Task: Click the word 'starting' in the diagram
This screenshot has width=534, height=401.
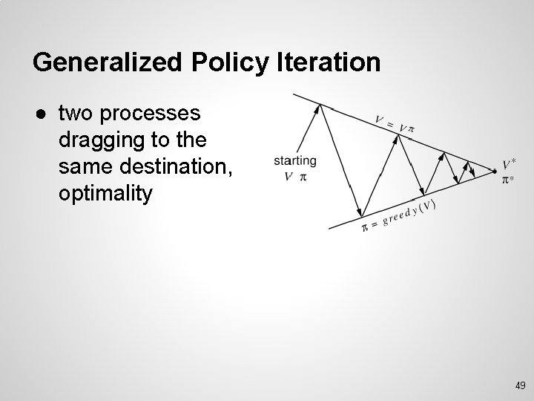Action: [x=295, y=160]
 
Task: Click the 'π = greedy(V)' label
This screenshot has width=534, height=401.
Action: [x=398, y=215]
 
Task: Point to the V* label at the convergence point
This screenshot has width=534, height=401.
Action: [x=510, y=164]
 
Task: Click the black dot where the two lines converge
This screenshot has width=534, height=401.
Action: [x=495, y=172]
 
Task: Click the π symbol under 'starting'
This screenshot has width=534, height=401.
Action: [x=302, y=177]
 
